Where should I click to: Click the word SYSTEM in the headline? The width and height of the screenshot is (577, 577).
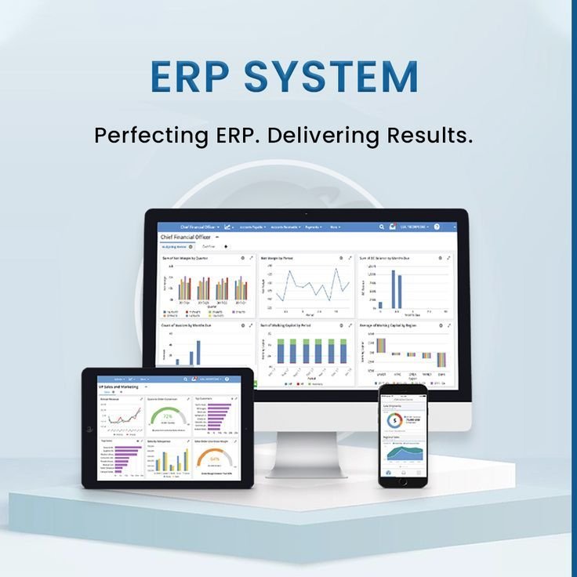[x=330, y=77]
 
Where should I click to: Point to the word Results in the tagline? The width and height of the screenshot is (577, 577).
[x=430, y=134]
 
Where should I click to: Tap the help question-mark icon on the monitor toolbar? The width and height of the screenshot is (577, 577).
[x=436, y=227]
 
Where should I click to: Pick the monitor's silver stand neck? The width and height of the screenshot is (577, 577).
[x=306, y=450]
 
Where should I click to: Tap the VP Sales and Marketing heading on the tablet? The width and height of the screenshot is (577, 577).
[x=118, y=387]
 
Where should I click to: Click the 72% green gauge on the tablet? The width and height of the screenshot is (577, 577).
[x=167, y=415]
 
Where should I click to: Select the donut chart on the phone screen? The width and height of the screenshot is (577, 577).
[x=397, y=421]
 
